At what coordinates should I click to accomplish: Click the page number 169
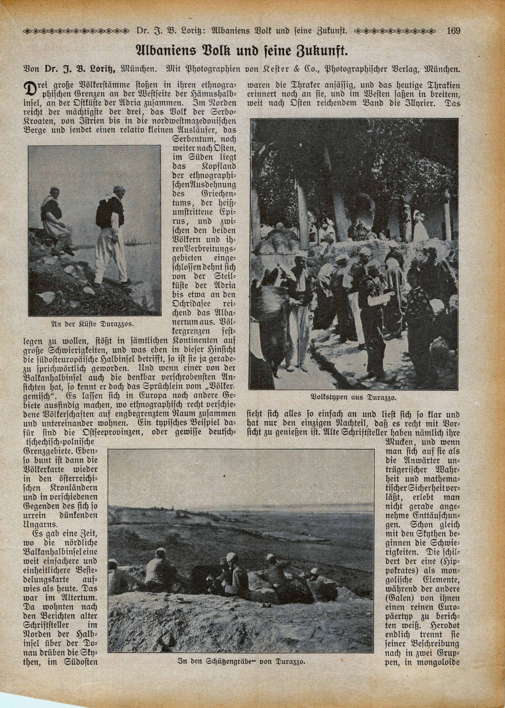click(x=453, y=31)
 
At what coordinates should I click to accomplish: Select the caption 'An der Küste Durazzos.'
click(x=92, y=324)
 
